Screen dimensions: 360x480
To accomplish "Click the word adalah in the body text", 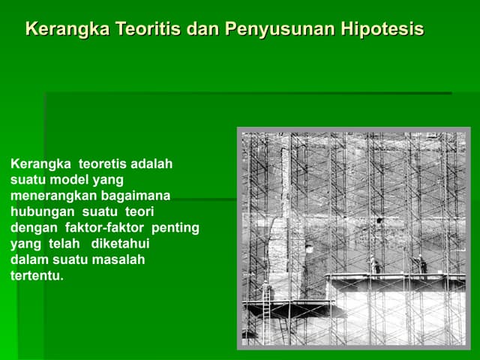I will pyautogui.click(x=152, y=163).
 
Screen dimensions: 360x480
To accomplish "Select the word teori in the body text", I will pyautogui.click(x=139, y=211).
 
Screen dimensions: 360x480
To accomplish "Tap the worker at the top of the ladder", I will pyautogui.click(x=265, y=287).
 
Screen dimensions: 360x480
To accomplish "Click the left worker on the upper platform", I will pyautogui.click(x=373, y=264).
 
